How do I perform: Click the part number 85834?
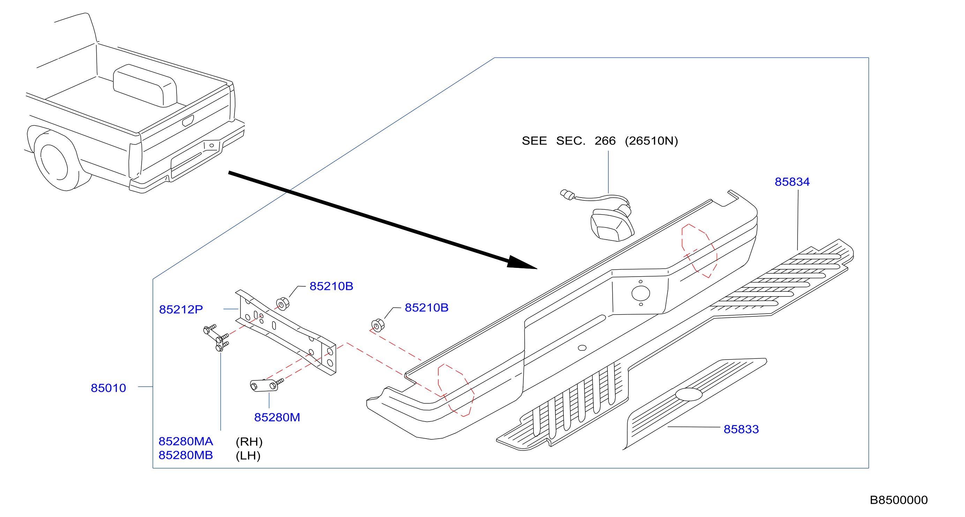(792, 182)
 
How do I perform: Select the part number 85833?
(741, 429)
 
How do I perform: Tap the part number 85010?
(108, 388)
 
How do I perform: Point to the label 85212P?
(181, 309)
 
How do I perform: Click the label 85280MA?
(186, 441)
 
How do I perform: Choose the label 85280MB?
(186, 455)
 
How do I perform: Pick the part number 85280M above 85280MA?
(277, 417)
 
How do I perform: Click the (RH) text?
(249, 442)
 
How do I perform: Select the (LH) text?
(248, 456)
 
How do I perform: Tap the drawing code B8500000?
(899, 500)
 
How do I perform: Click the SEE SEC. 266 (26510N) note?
(600, 141)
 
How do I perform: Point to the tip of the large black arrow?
(537, 269)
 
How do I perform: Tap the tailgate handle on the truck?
(188, 121)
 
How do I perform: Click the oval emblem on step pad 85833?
(689, 394)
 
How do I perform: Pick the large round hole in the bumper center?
(641, 293)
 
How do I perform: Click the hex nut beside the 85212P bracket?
(283, 304)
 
